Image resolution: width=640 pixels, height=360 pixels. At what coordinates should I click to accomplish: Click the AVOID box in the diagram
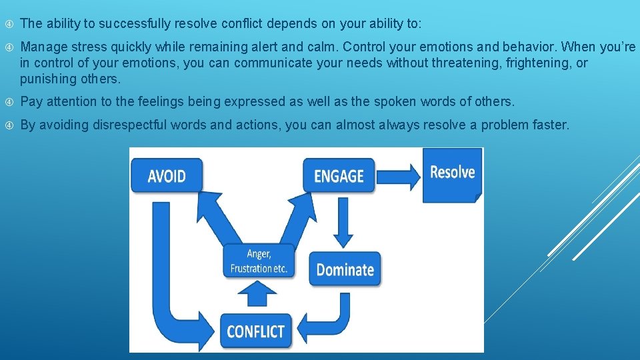pos(167,176)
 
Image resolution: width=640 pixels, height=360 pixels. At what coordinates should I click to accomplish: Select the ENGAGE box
pos(339,176)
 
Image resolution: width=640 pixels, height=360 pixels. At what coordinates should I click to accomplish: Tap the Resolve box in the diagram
pos(452,173)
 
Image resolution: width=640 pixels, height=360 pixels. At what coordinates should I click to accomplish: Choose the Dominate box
pos(345,269)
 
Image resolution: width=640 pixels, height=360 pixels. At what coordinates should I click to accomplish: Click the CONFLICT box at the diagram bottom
pos(256,331)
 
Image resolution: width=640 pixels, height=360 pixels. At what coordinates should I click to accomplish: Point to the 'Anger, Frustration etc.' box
pos(259,261)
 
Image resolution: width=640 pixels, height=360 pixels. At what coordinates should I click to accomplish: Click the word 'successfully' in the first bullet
pos(137,24)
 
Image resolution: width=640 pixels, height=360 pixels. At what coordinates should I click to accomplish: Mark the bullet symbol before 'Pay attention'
pos(9,102)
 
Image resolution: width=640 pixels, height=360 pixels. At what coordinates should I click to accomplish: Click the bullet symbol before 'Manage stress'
pos(9,47)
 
